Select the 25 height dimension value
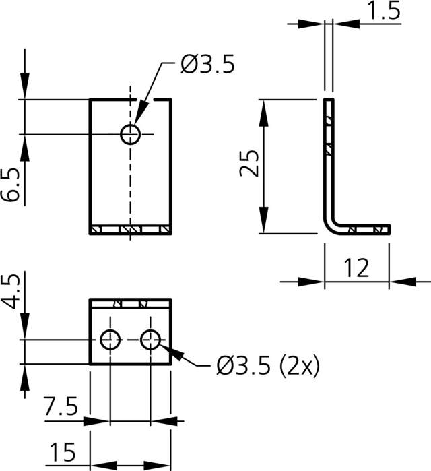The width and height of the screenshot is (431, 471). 250,163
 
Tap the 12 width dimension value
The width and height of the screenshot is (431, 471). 357,269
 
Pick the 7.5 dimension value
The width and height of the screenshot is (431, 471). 60,407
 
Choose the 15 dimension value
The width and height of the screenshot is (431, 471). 61,449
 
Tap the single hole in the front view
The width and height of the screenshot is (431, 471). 130,134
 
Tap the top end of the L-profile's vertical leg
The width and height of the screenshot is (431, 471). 328,101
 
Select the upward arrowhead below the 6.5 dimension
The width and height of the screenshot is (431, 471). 25,142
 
